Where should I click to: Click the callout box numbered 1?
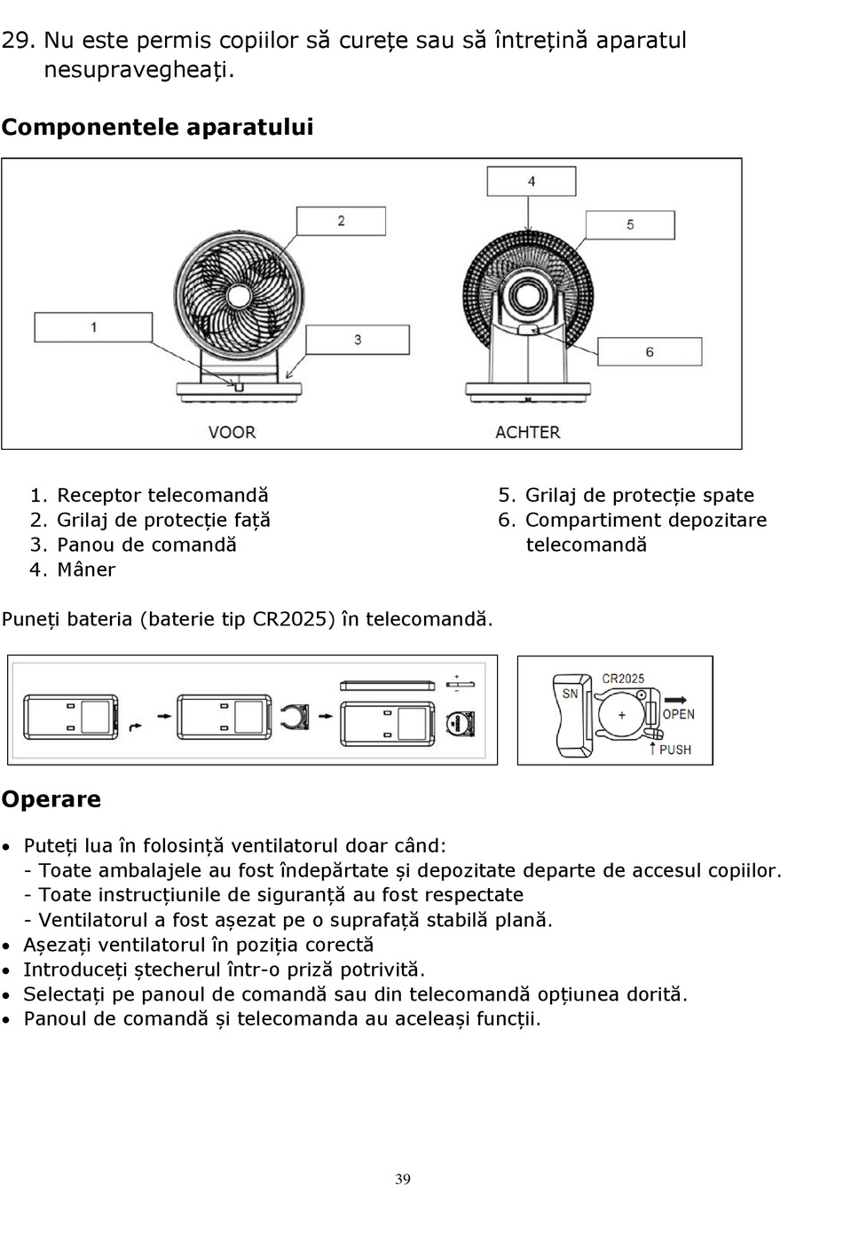[x=93, y=327]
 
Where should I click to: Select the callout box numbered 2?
[x=341, y=221]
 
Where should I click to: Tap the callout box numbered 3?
[x=358, y=340]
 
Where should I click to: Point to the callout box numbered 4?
[x=531, y=182]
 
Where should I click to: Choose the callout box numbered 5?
[x=630, y=224]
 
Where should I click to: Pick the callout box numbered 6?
[x=650, y=351]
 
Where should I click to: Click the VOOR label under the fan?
[x=232, y=432]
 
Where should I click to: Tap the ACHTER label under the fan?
[x=527, y=432]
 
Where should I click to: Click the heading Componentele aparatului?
[x=157, y=127]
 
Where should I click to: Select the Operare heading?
[x=51, y=799]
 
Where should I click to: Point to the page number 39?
[x=403, y=1179]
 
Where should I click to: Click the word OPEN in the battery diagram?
[x=679, y=714]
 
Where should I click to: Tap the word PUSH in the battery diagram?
[x=675, y=750]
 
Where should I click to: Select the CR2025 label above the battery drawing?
[x=623, y=679]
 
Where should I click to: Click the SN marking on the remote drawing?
[x=569, y=693]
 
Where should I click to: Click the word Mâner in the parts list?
[x=86, y=570]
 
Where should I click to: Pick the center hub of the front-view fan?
[x=237, y=296]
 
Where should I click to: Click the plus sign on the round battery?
[x=621, y=715]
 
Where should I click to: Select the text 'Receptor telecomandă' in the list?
[x=162, y=495]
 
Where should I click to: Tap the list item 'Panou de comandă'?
[x=146, y=545]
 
